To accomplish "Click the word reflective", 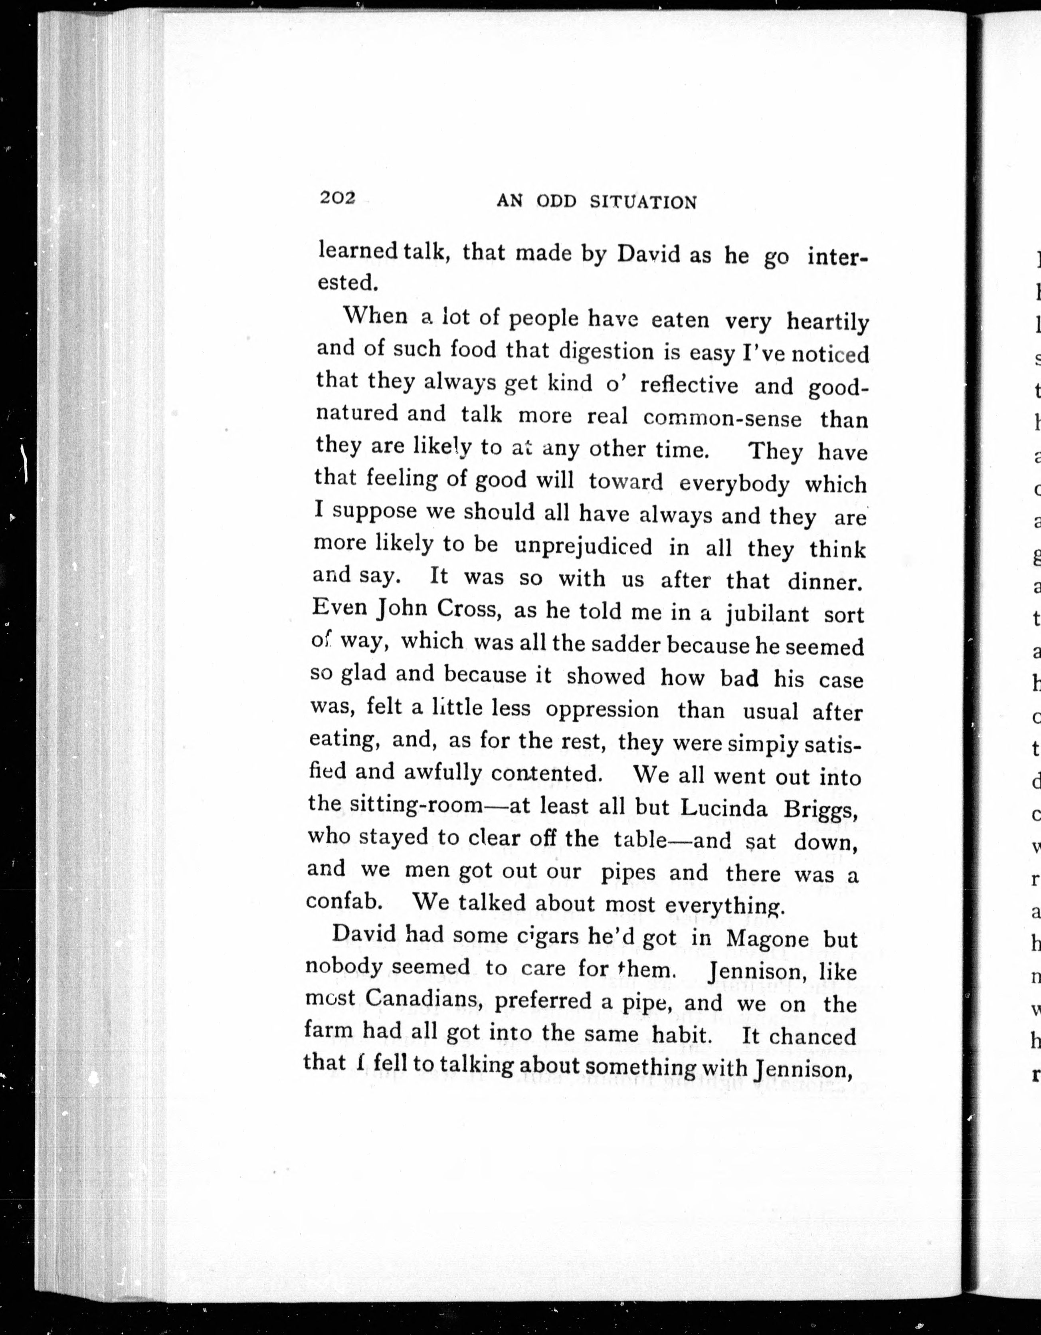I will click(x=689, y=385).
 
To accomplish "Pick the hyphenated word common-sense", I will click(x=722, y=418).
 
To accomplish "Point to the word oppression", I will click(x=602, y=710).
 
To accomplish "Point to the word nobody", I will click(x=344, y=967).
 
